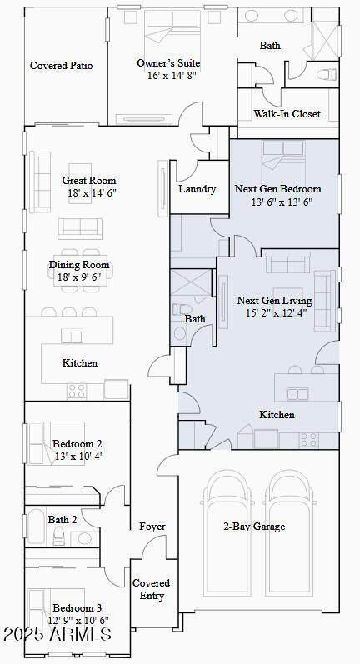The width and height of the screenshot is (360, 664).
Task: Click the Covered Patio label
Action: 62,66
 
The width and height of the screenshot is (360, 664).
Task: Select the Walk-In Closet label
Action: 287,114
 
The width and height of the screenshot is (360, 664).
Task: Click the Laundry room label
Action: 197,189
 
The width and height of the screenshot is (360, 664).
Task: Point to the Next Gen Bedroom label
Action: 277,189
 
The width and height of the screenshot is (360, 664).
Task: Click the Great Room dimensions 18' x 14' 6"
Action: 92,192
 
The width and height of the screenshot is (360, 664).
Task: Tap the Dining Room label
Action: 79,265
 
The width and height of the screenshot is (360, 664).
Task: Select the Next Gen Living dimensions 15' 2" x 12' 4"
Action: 276,313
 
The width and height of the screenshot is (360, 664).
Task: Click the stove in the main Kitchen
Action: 77,391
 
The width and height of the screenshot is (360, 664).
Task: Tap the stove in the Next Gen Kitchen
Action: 308,440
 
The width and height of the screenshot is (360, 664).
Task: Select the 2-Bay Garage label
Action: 254,527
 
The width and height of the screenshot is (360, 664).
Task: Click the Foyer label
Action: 152,527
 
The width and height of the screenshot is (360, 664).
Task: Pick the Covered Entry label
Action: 152,589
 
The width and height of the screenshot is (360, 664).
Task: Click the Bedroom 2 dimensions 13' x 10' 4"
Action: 80,457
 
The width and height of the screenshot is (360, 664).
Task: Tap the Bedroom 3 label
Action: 77,608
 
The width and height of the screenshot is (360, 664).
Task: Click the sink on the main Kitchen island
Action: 72,337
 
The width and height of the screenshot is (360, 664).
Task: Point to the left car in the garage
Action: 224,533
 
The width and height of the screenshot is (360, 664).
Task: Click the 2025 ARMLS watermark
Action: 57,634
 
